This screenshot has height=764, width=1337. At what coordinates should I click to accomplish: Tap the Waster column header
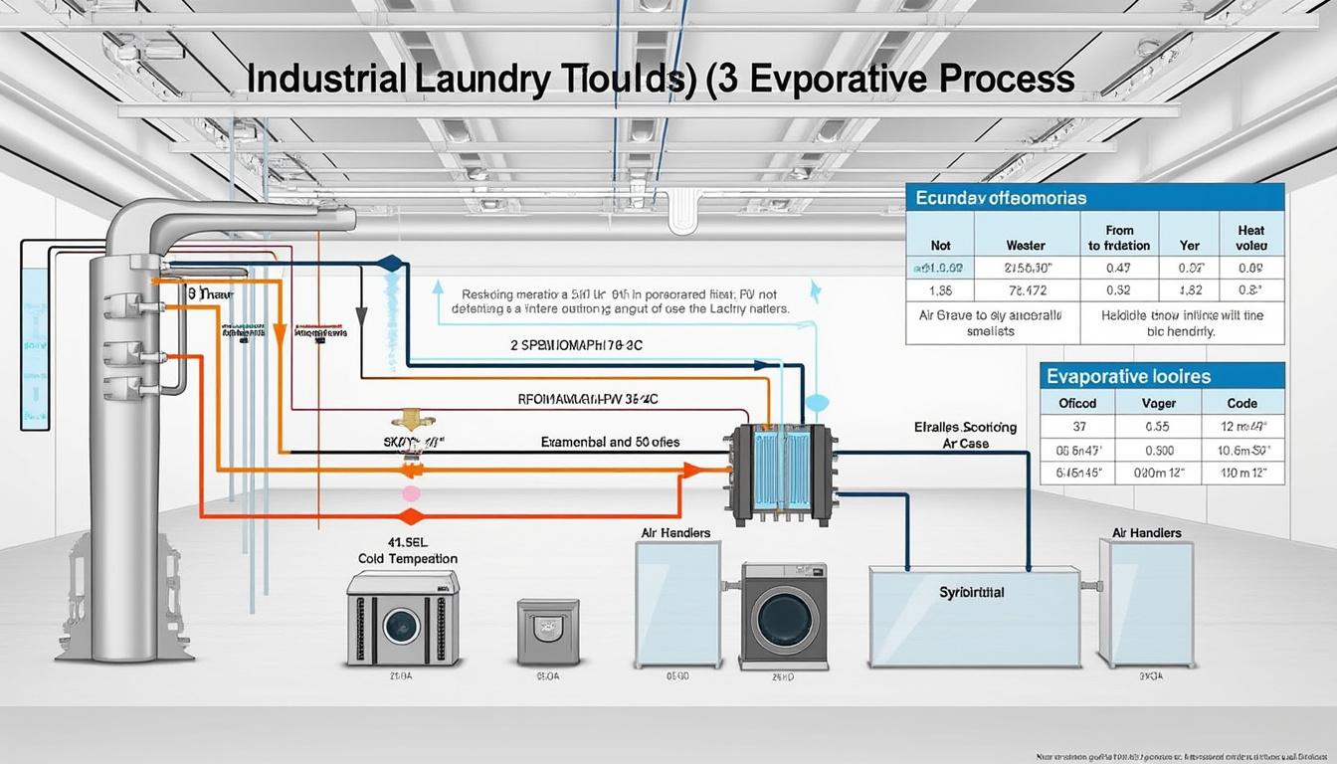click(1026, 245)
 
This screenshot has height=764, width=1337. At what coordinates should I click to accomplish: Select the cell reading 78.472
click(1026, 289)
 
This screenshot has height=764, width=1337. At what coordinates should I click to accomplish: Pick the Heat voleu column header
click(1250, 238)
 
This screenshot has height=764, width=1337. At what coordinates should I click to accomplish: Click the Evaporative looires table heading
click(1127, 376)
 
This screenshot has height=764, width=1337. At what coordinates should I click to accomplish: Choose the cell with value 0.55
click(1157, 426)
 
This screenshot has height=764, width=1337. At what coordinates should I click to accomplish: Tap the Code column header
click(1242, 404)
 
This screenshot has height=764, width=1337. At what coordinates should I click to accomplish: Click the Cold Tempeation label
click(408, 559)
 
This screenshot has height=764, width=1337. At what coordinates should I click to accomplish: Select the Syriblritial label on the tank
click(972, 592)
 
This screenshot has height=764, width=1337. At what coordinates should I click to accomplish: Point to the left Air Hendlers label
click(676, 533)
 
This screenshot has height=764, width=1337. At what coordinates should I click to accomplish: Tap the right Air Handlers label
click(1147, 533)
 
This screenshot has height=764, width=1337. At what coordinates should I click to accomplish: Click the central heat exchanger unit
click(781, 474)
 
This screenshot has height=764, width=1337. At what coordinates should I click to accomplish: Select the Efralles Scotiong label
click(965, 428)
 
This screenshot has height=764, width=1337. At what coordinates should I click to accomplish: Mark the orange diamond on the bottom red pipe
click(405, 516)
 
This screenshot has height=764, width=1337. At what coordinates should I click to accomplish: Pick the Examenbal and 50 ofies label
click(610, 441)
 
